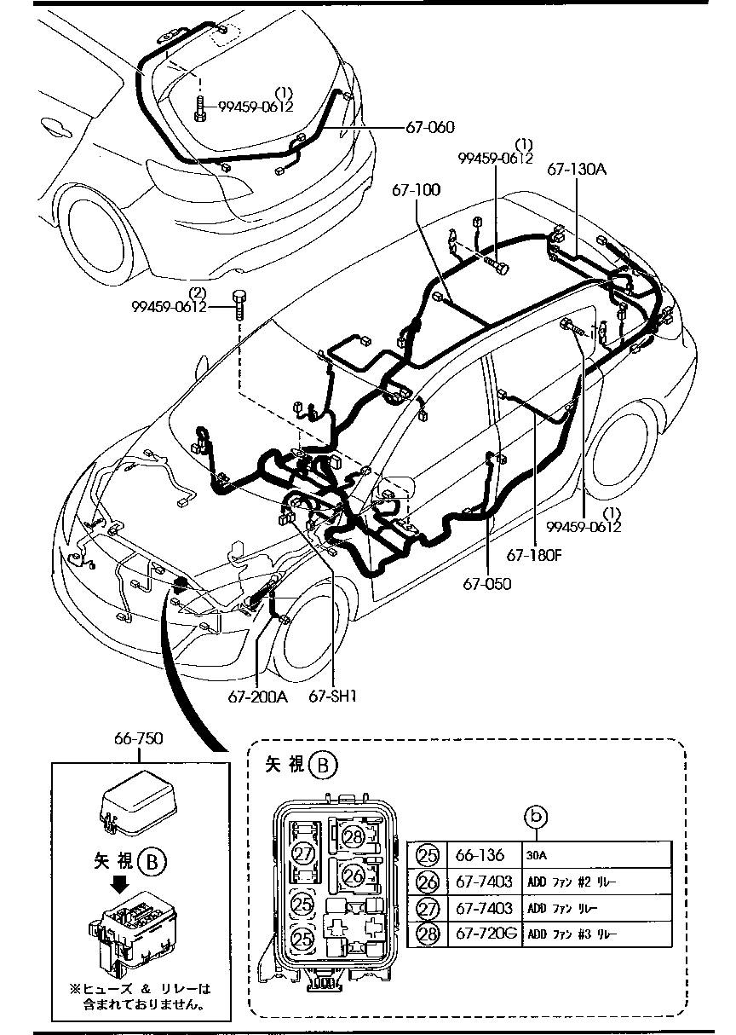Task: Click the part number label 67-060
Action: point(429,127)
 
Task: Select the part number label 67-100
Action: point(417,189)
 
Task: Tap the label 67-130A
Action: point(577,170)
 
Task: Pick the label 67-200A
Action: point(258,697)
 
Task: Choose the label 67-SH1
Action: point(332,697)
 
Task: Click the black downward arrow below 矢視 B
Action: point(121,883)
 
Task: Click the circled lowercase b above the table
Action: point(535,818)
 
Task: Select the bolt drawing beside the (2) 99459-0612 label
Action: point(239,304)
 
